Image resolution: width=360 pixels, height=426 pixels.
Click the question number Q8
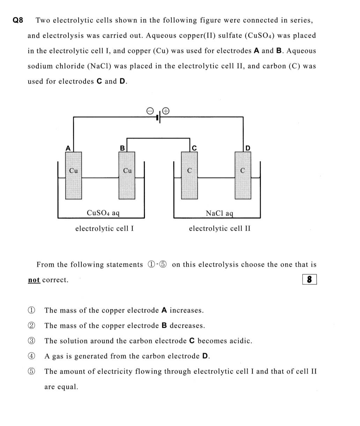click(x=18, y=20)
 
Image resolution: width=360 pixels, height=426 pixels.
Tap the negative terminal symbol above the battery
click(x=150, y=111)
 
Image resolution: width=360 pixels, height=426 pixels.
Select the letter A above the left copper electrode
click(x=68, y=148)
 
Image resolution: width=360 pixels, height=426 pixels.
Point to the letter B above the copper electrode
click(x=122, y=148)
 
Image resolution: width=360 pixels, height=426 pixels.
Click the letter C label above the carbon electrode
click(x=194, y=148)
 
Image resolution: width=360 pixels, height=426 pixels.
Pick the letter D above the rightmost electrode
click(x=248, y=148)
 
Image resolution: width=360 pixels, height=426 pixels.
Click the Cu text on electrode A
click(x=73, y=171)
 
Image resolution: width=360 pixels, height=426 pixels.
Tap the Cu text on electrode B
click(x=127, y=171)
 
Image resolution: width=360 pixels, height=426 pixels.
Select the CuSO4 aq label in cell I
click(x=103, y=212)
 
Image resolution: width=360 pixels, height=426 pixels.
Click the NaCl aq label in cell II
click(x=219, y=213)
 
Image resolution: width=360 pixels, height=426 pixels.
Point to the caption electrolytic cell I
click(x=104, y=229)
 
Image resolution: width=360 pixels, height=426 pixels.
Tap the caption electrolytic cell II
click(x=220, y=229)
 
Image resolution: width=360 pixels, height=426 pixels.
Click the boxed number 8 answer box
click(x=309, y=280)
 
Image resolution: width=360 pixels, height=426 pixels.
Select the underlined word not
click(x=34, y=280)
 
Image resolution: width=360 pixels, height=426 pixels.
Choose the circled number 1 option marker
click(x=31, y=310)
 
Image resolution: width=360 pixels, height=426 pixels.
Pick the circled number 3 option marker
click(x=31, y=341)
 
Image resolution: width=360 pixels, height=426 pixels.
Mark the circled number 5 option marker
click(x=31, y=371)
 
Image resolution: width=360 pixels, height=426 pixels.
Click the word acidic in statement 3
click(x=241, y=341)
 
